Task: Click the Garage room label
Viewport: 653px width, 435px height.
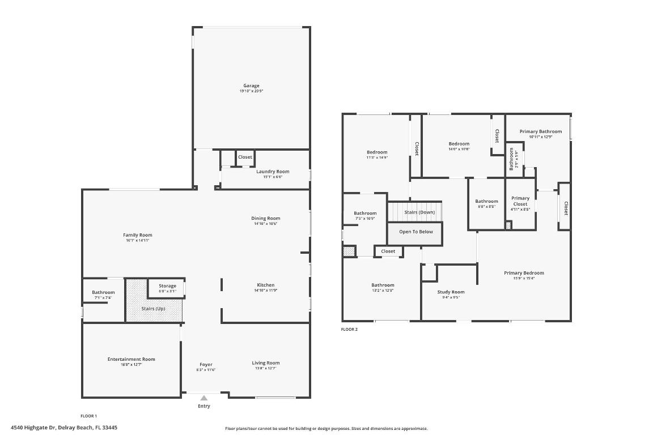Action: pos(251,86)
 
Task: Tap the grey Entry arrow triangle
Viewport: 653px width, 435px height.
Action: pos(203,398)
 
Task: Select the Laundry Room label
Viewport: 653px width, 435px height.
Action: pos(273,172)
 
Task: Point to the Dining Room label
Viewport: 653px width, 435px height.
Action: pos(265,219)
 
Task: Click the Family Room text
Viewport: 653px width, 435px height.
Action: pos(138,235)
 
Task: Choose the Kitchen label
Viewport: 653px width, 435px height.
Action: pos(265,285)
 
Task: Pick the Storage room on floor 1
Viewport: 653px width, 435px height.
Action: pos(167,287)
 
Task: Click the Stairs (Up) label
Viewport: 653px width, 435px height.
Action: pos(153,309)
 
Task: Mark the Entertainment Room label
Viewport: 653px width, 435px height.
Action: pos(131,359)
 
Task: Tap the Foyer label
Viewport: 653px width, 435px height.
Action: pos(206,365)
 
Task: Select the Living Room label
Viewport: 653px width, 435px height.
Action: pos(265,363)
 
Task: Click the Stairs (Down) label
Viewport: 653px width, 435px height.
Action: pos(419,212)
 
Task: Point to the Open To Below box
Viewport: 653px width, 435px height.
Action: pos(415,232)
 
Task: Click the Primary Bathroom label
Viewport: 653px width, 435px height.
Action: pos(540,131)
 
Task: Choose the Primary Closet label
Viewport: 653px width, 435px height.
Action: pos(520,201)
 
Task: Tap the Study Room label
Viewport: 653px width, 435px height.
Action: pos(451,292)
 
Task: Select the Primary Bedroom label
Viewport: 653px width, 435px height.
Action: pos(524,273)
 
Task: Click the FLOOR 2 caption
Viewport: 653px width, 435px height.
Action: pos(349,329)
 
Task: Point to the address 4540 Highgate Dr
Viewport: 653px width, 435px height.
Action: pos(63,428)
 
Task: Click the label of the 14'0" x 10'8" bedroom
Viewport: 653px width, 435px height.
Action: pos(459,144)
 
